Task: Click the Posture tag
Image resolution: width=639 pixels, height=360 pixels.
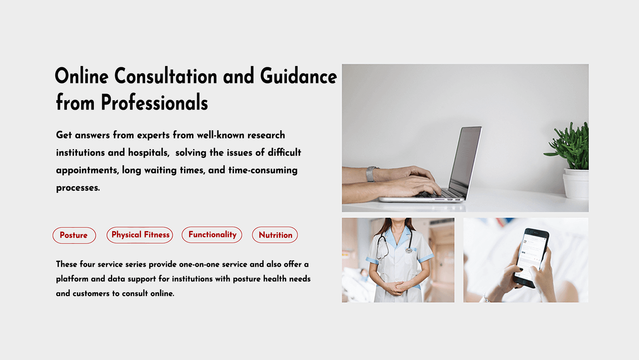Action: click(x=74, y=235)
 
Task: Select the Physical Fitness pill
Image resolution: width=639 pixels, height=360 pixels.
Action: click(x=140, y=235)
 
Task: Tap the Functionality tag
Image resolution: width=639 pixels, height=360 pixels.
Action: click(x=212, y=235)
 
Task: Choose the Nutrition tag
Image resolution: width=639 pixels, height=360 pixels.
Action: click(x=275, y=235)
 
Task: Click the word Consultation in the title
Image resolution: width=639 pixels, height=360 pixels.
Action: click(x=166, y=76)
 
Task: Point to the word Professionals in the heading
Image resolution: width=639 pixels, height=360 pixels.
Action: click(x=154, y=102)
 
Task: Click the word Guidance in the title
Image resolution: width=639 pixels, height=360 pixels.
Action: click(x=299, y=76)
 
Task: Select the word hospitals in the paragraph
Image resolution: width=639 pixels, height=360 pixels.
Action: click(x=149, y=153)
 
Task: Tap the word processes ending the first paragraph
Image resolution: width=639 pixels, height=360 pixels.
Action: click(x=78, y=188)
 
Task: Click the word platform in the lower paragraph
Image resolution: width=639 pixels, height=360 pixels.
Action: click(x=72, y=279)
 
